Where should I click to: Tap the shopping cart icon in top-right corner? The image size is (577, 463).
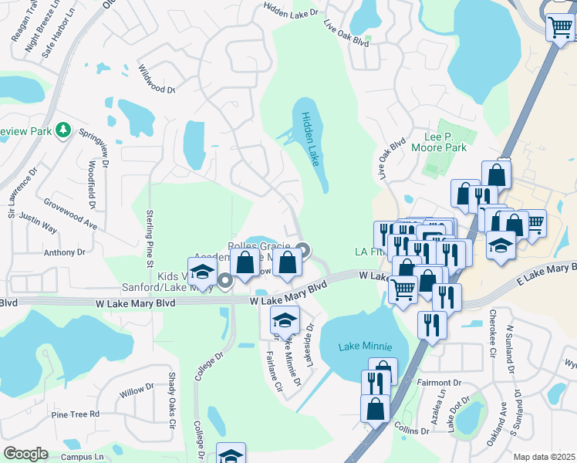tap(560, 28)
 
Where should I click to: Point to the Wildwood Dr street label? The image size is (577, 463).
tap(157, 78)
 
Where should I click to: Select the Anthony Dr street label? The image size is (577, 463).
tap(65, 252)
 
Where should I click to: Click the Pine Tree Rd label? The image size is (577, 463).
tap(76, 414)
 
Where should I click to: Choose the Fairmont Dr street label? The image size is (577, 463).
tap(440, 382)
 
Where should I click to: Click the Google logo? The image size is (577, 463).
tap(25, 454)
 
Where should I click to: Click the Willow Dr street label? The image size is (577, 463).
tap(137, 390)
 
